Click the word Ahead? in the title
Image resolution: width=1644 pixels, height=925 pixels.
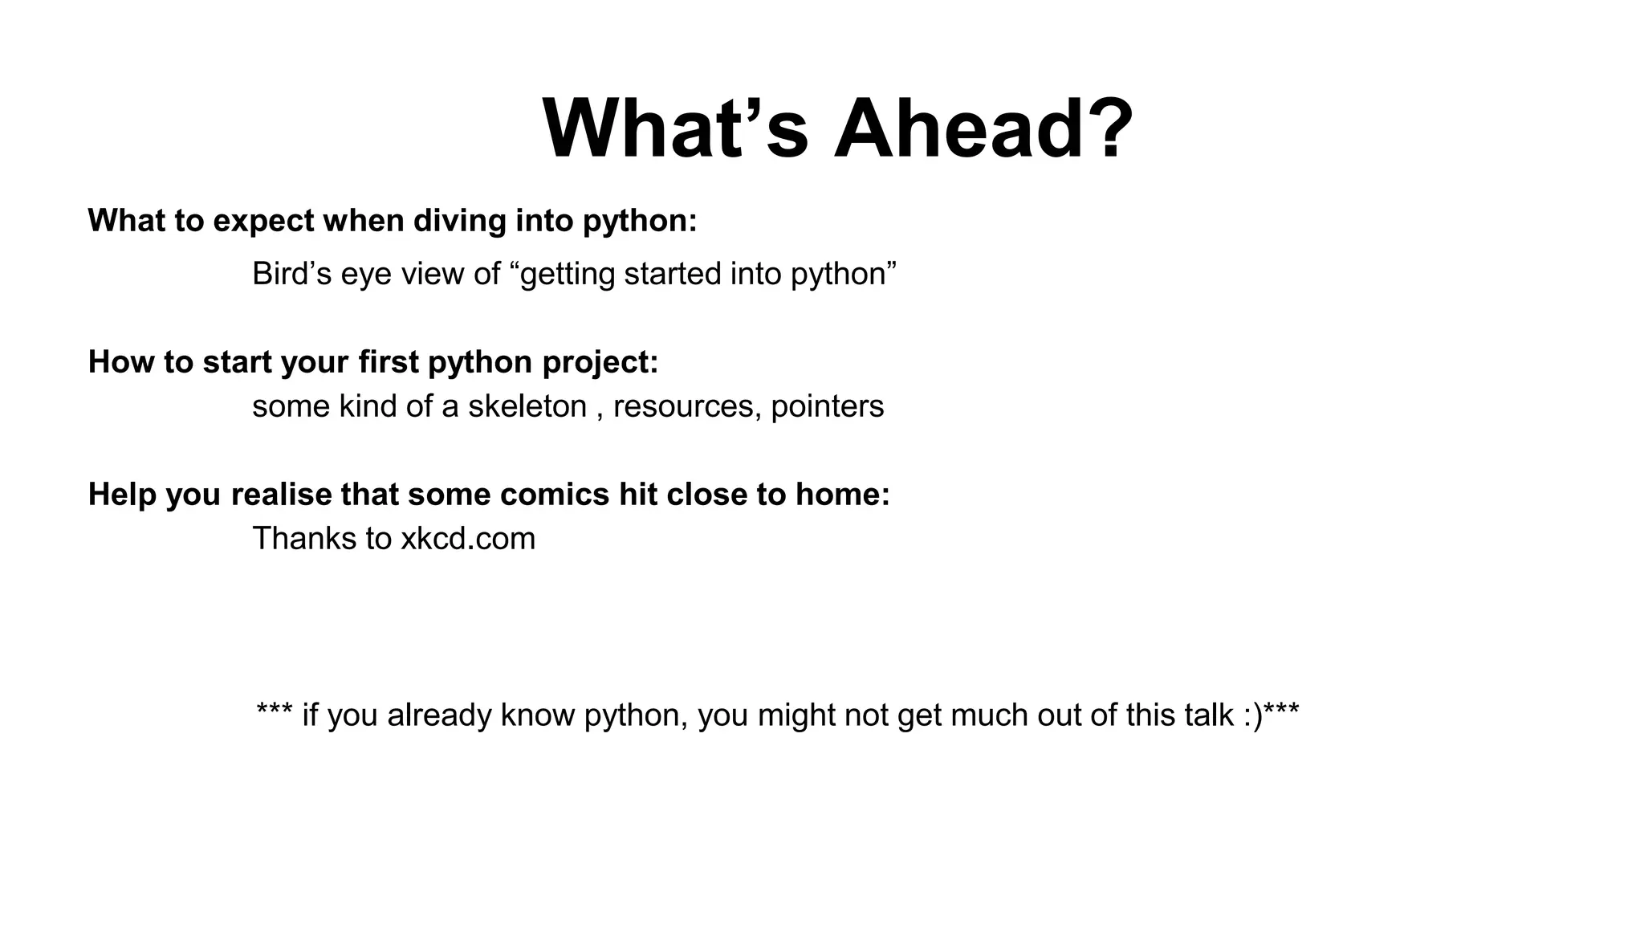click(x=983, y=128)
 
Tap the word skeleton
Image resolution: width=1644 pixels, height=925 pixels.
click(x=527, y=406)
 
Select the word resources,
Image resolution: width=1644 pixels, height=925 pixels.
click(x=687, y=406)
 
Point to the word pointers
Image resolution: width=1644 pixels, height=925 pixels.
click(x=827, y=406)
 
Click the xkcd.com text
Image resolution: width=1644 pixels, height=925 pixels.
click(x=468, y=539)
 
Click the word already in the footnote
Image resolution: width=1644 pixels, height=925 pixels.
click(x=439, y=715)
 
